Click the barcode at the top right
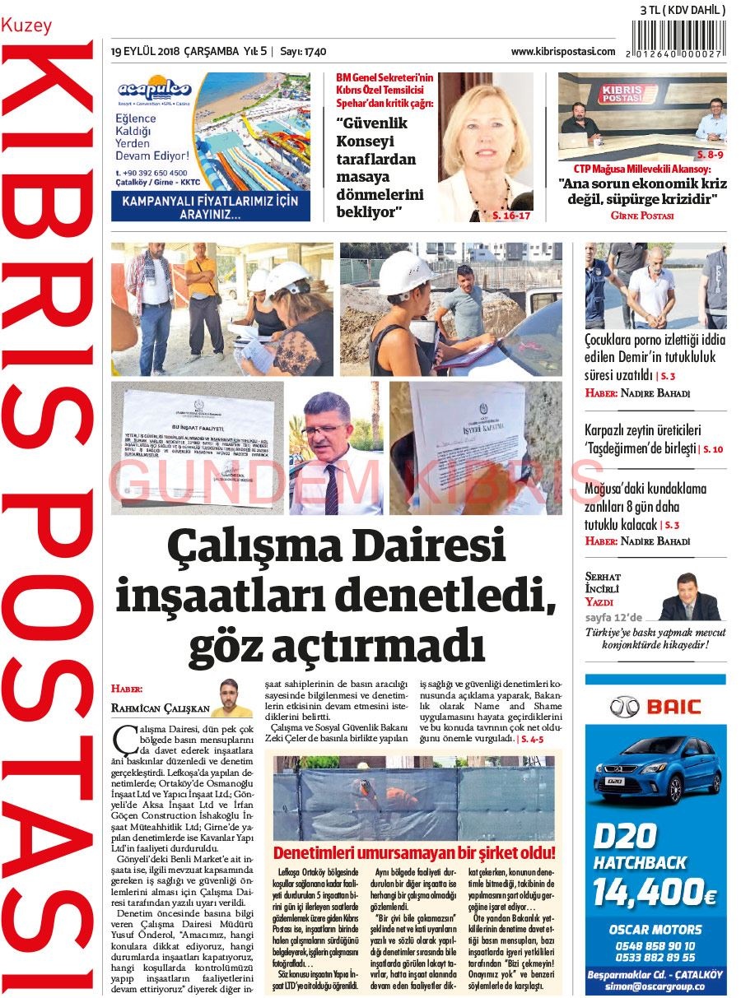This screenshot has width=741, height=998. [678, 38]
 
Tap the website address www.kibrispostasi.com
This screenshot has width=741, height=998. [563, 51]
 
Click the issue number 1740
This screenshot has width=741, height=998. [315, 52]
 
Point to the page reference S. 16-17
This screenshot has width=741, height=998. [511, 216]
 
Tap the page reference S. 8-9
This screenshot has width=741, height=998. [710, 155]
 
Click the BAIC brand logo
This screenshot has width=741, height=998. [655, 706]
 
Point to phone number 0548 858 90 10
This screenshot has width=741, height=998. [655, 946]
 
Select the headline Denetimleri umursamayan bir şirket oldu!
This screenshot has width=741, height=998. [414, 852]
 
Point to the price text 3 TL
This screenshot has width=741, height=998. [654, 10]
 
